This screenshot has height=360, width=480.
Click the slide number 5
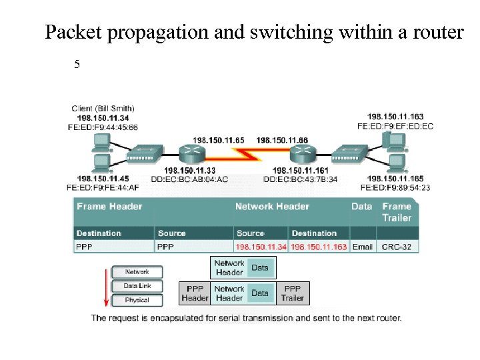coord(77,65)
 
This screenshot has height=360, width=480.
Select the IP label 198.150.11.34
coord(103,118)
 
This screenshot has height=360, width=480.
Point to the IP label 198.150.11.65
coord(218,140)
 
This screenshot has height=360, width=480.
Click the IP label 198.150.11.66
coord(282,140)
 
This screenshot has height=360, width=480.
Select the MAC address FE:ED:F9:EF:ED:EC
coord(395,126)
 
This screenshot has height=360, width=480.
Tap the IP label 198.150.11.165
coord(395,179)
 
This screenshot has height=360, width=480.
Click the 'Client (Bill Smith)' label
coord(103,109)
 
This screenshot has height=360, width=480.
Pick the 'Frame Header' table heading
coord(109,207)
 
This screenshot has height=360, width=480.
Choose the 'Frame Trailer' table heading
coord(397,212)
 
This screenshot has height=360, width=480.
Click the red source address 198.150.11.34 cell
coord(261,247)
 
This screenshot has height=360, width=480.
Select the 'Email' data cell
coord(363,247)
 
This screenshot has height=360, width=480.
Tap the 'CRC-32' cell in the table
coord(397,247)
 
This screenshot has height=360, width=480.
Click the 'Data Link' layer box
coord(137,286)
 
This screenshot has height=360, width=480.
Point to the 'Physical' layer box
coord(137,300)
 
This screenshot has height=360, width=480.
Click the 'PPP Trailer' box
coord(292,293)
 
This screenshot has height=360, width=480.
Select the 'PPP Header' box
coord(195,293)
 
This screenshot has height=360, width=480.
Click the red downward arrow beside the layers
coord(104,287)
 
